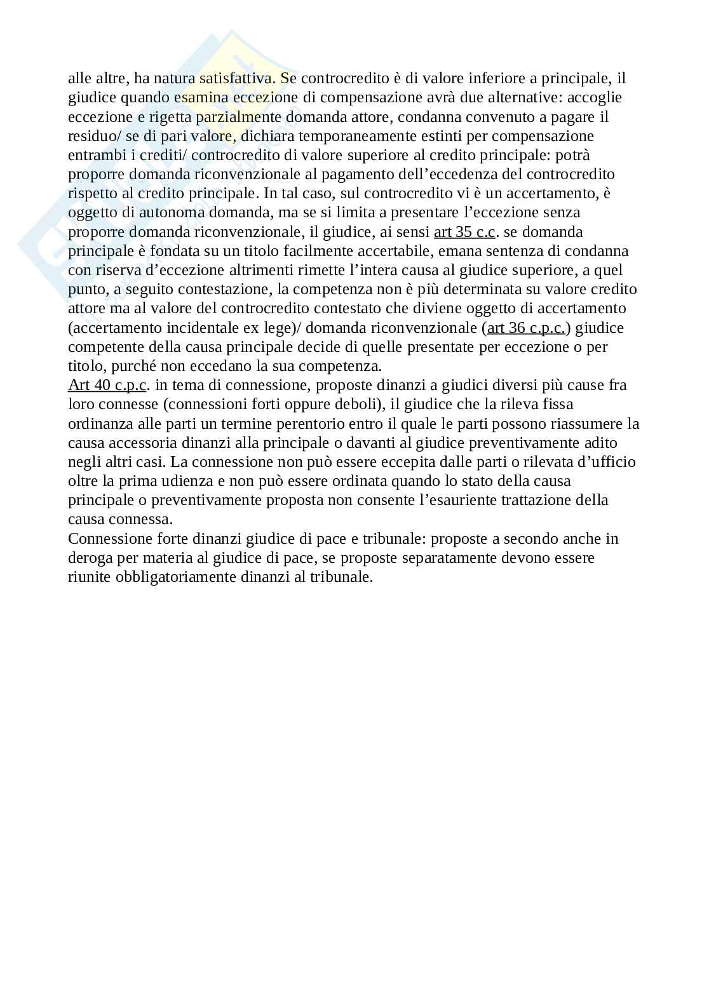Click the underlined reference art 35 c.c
pyautogui.click(x=464, y=232)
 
